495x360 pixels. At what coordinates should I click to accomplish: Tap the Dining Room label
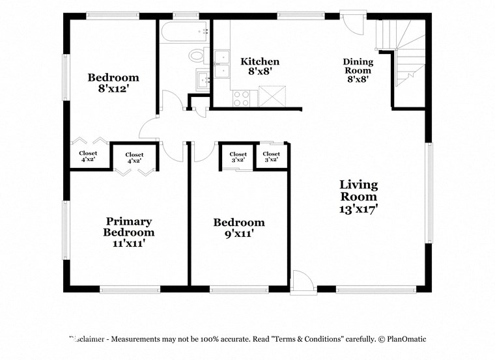[358, 70]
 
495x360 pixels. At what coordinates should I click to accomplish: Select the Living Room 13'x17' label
[358, 196]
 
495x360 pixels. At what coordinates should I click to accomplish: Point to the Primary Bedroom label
[129, 232]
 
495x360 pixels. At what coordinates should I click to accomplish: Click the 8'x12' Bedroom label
[113, 83]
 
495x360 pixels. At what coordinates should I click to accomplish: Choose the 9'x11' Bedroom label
[239, 228]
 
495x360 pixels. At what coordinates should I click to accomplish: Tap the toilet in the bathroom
[197, 55]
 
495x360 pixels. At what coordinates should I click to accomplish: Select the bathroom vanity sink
[203, 80]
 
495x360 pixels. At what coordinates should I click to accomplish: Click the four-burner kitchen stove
[242, 98]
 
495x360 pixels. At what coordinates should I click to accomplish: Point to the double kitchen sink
[221, 64]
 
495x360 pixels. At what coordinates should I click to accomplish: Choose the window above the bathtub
[186, 15]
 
